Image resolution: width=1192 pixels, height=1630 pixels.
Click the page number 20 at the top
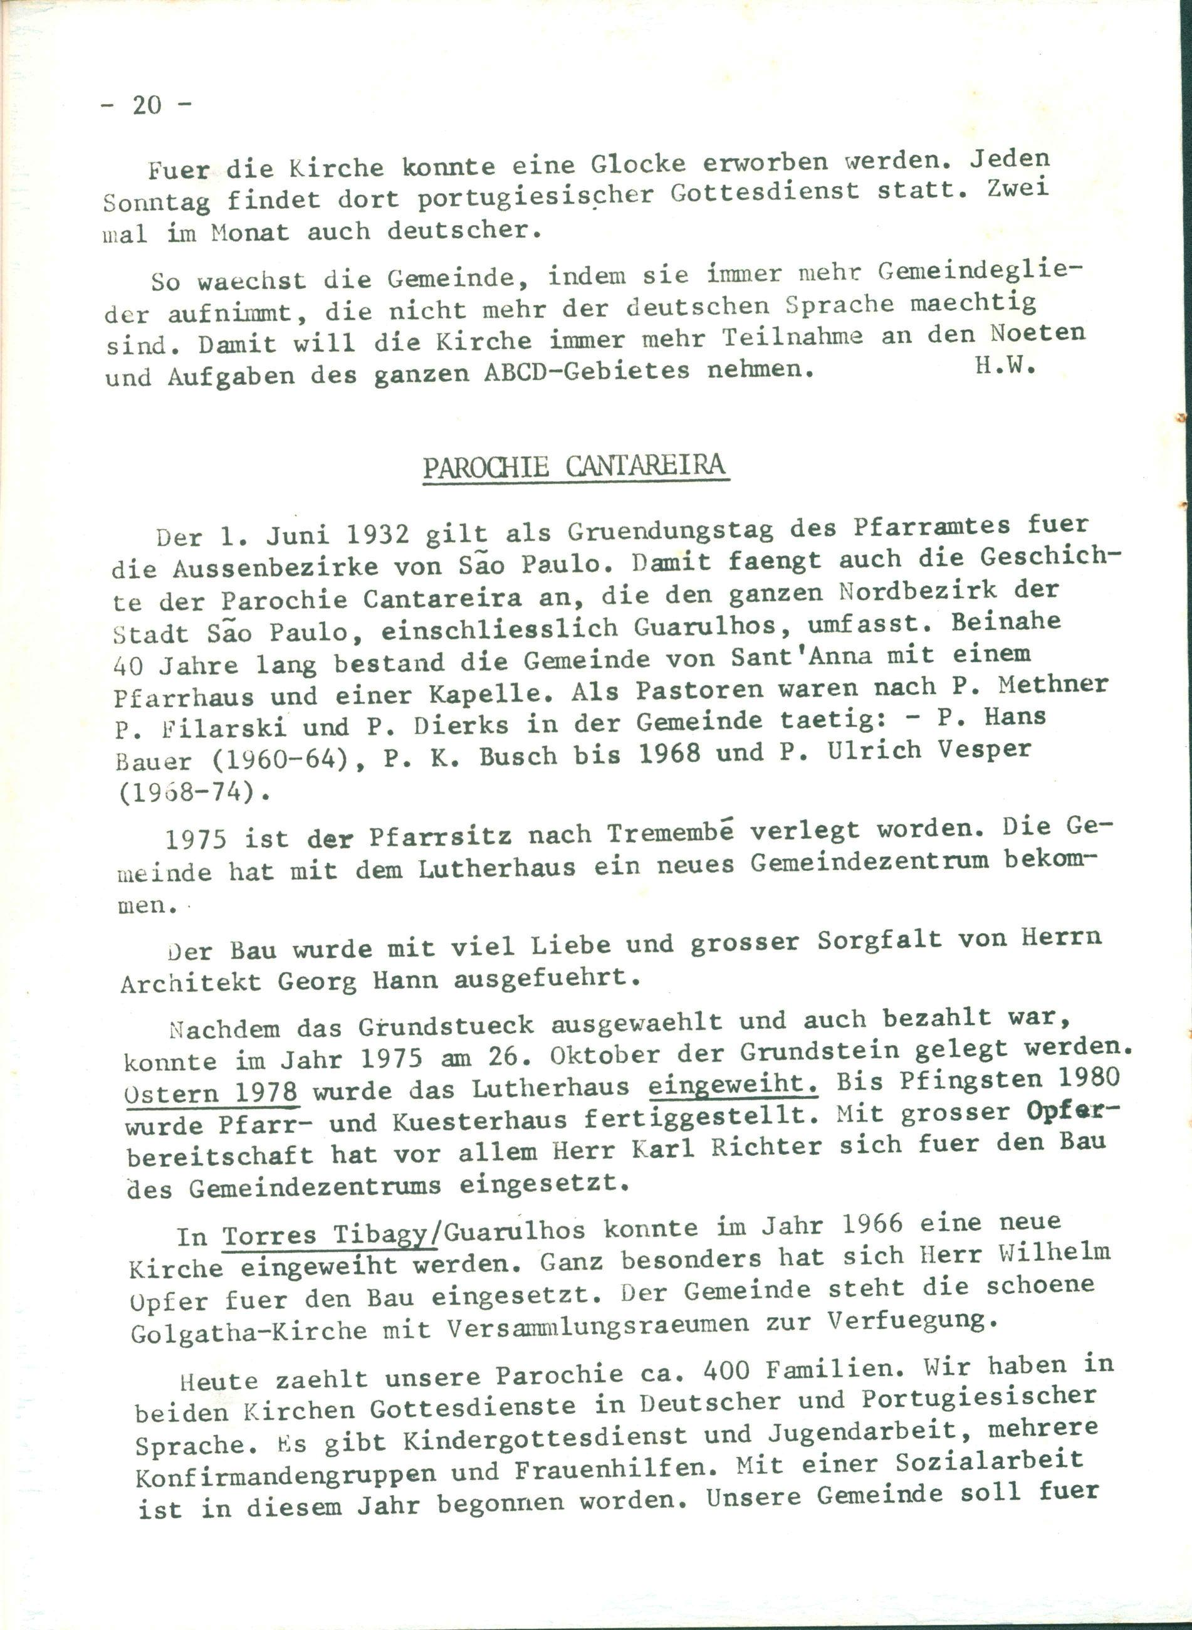point(147,105)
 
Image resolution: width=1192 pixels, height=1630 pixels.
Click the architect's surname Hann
point(406,980)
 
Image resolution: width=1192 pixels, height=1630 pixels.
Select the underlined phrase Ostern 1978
point(211,1091)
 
